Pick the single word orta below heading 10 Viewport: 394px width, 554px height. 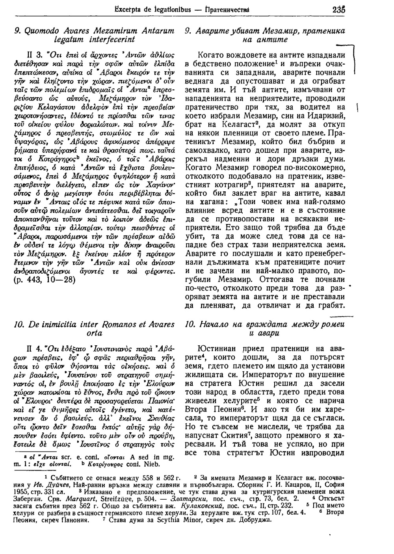tap(96, 333)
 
